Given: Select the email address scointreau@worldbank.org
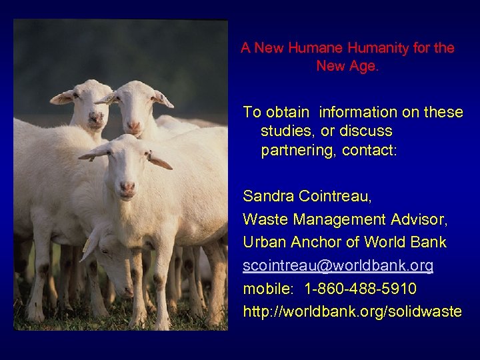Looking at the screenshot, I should coord(338,265).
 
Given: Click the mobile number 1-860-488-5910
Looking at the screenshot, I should coord(361,289).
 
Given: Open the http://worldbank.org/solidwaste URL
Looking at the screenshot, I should coord(352,311).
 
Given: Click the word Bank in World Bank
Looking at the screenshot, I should coord(428,242).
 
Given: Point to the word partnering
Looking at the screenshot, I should coord(298,150).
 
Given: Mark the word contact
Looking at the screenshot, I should coord(369,150).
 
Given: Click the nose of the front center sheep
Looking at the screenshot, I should coord(127,187).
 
